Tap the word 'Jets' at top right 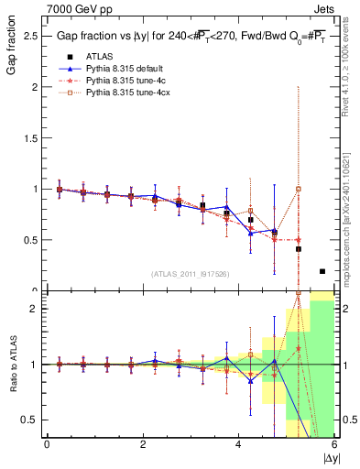(x=324, y=7)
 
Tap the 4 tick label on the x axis (x=239, y=444)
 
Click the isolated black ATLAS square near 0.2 (x=322, y=271)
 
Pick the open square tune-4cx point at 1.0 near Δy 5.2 (x=299, y=190)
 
